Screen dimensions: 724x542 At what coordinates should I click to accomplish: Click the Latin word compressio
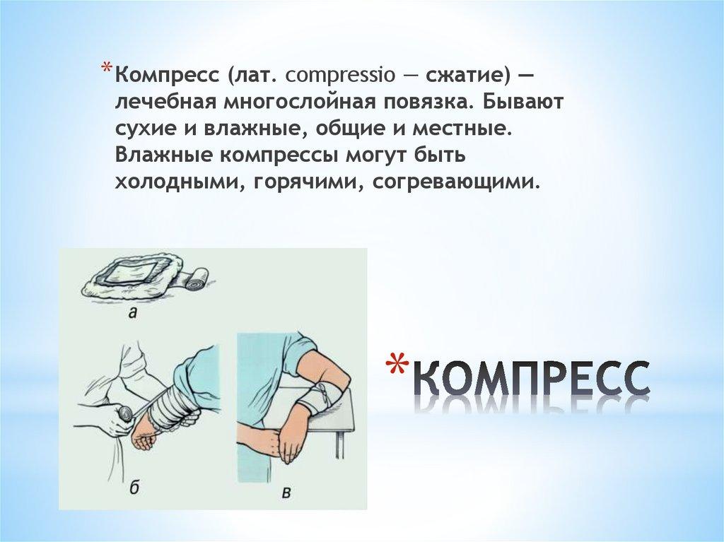(x=340, y=75)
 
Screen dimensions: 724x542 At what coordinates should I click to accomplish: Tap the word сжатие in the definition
(x=463, y=74)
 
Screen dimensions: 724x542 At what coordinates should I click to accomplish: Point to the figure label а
(x=134, y=314)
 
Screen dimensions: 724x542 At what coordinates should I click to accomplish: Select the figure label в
(x=287, y=493)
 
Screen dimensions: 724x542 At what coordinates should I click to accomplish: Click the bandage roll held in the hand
(x=124, y=411)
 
